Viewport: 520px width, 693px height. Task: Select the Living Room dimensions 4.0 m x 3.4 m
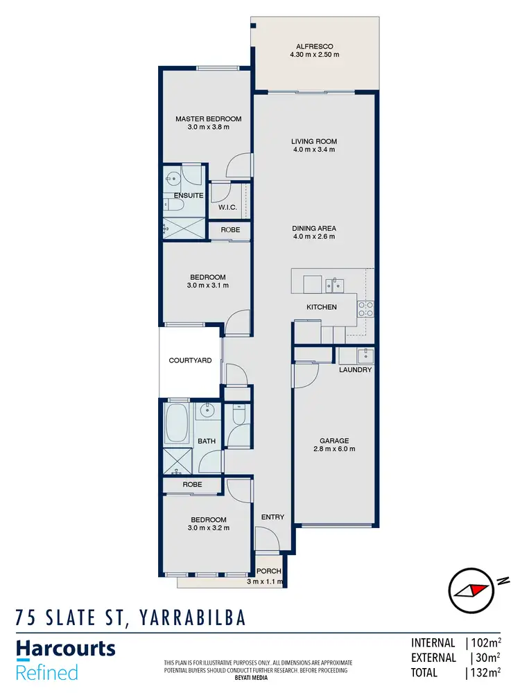coord(313,150)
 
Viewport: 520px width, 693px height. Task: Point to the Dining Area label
coord(313,228)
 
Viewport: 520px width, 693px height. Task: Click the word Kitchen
coord(322,307)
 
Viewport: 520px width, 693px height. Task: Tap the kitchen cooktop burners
coord(365,309)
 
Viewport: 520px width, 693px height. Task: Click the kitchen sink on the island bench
coord(336,284)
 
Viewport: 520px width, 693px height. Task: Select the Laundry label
coord(355,370)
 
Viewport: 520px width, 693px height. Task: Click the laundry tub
coord(365,356)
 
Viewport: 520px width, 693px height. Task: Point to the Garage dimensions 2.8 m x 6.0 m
coord(333,449)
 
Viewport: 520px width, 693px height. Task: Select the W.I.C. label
coord(228,207)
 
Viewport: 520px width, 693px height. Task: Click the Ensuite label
coord(189,195)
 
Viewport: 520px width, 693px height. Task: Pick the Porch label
coord(269,571)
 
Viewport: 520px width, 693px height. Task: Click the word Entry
coord(272,517)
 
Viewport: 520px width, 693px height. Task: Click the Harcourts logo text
coord(66,649)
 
